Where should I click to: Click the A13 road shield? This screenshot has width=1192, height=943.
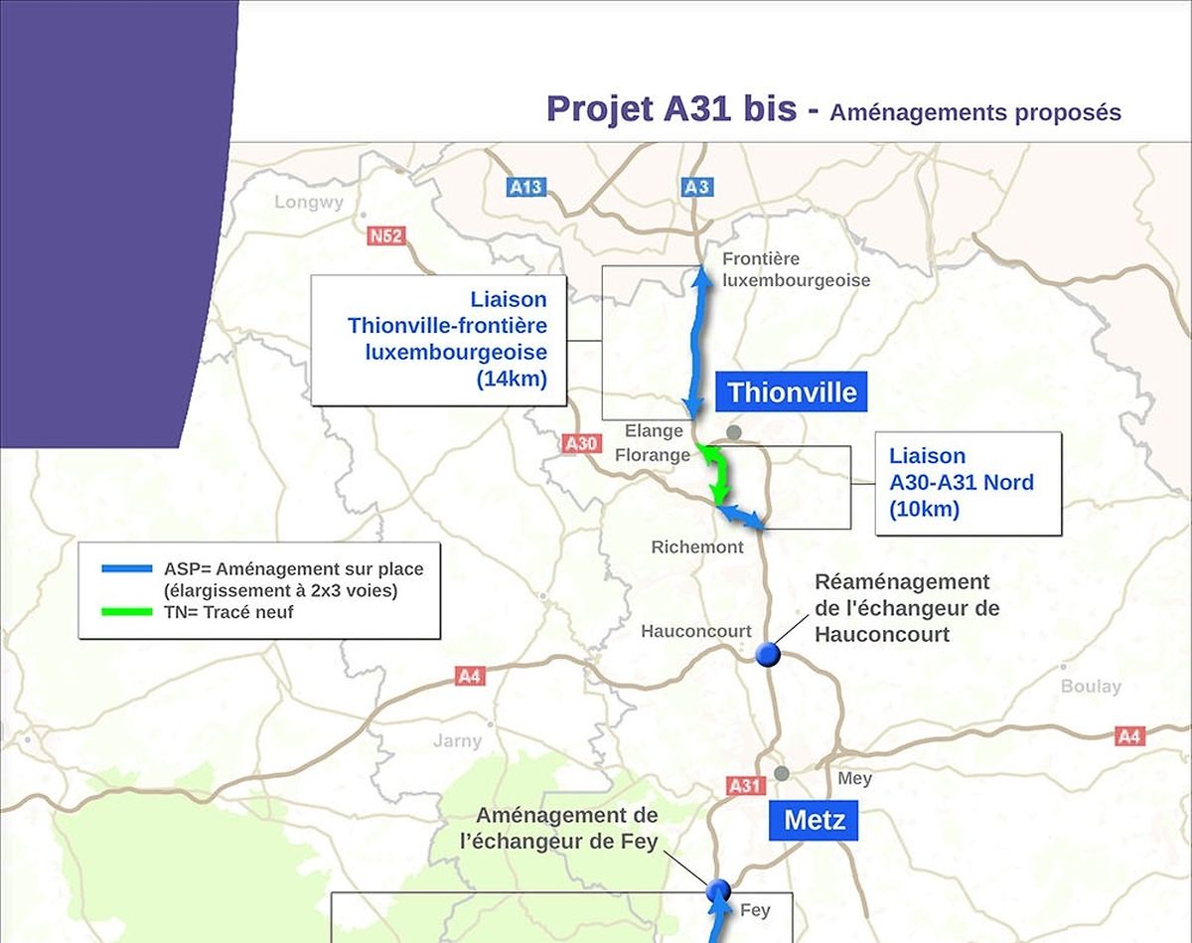click(x=525, y=187)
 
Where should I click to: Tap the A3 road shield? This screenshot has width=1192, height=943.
click(x=697, y=187)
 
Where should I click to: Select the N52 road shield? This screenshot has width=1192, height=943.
click(x=385, y=236)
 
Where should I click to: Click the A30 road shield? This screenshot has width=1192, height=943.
click(x=581, y=443)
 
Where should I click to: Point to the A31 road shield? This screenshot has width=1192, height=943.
click(x=745, y=785)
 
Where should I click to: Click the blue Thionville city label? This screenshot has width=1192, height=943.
click(x=791, y=393)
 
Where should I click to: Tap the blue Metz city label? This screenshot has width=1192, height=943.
click(x=815, y=821)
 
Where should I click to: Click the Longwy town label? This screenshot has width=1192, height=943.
click(x=309, y=203)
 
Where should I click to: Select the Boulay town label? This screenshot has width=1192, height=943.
click(x=1091, y=687)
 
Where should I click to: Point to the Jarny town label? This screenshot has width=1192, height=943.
click(x=457, y=740)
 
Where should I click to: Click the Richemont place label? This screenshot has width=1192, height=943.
click(x=697, y=548)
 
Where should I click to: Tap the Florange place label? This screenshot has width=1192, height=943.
click(x=653, y=455)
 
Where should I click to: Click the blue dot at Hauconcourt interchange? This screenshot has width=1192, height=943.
click(x=767, y=655)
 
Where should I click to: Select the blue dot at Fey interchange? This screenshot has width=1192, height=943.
click(x=718, y=890)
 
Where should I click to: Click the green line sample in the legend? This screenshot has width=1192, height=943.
click(x=126, y=612)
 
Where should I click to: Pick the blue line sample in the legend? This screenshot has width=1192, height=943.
click(x=126, y=570)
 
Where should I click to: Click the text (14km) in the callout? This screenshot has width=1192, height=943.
click(x=512, y=379)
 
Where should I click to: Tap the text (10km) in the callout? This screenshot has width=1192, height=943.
click(x=924, y=510)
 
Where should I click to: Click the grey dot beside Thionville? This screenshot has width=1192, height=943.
click(x=734, y=431)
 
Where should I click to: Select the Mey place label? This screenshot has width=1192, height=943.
click(x=854, y=778)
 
